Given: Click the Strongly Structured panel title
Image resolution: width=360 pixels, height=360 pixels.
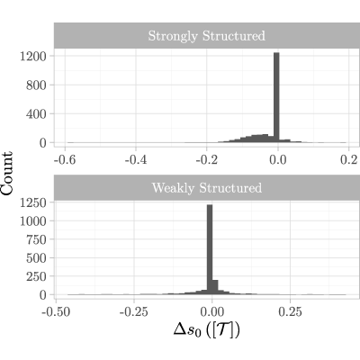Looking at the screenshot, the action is pos(207,36).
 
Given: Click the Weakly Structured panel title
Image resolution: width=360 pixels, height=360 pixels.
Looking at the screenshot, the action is pos(207,188).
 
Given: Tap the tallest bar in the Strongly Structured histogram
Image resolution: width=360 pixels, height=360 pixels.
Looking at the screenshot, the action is pos(276,97).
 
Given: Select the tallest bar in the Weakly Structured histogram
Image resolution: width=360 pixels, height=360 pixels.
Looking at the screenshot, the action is pos(210,249).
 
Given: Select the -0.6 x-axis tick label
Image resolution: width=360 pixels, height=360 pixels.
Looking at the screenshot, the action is pos(65,160).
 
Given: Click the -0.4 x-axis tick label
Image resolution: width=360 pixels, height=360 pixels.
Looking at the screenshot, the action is pos(136,160).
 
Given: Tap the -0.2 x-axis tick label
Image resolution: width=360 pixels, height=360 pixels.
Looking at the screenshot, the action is pos(207,160).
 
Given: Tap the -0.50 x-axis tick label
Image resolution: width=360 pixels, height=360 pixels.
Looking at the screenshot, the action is pos(56,312).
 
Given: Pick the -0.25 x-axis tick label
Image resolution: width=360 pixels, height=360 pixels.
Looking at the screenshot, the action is pos(134,312).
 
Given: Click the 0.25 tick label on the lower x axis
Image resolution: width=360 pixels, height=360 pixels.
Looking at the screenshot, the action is pos(290,312).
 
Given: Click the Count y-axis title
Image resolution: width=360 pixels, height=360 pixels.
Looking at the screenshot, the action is pos(7,174).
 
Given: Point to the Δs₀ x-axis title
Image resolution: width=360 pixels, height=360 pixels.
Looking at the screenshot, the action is pos(207,330).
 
